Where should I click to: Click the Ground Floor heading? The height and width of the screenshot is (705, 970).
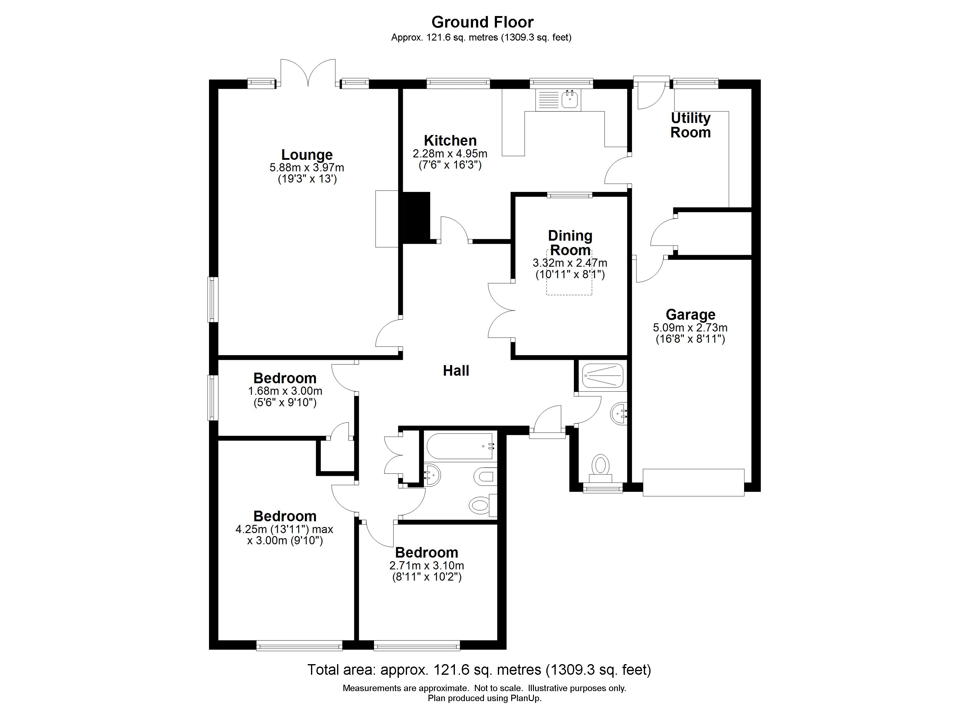482,22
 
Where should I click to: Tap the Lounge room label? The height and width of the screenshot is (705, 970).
307,155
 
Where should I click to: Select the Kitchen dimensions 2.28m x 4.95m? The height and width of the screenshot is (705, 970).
450,153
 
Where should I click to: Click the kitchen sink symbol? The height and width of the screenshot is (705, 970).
570,100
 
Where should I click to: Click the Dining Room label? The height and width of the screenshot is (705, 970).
570,242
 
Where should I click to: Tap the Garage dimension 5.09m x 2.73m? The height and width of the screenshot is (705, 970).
690,328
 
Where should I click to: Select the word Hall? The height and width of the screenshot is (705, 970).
456,371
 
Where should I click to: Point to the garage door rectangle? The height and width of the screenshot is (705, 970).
693,482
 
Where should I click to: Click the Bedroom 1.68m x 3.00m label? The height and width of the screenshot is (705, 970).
285,378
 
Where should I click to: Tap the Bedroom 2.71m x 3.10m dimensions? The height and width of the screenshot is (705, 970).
426,566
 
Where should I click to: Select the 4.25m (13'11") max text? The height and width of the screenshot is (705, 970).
284,529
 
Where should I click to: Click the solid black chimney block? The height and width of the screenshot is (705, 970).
416,217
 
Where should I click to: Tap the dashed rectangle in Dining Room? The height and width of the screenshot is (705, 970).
569,273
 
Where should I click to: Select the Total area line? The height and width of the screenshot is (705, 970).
479,670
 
